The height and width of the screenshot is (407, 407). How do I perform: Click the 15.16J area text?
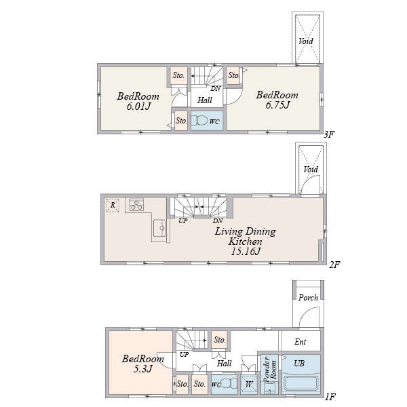[x=246, y=251]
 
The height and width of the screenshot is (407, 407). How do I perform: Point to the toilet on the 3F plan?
[x=200, y=121]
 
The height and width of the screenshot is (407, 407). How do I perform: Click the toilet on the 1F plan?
[x=229, y=383]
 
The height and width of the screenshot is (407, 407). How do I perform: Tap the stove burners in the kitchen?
[x=136, y=204]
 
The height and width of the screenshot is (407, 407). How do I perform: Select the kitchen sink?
[x=159, y=228]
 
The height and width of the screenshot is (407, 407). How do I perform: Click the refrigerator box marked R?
[x=113, y=206]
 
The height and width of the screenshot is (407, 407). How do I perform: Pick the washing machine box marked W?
[x=249, y=384]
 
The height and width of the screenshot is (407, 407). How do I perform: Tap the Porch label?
[x=308, y=298]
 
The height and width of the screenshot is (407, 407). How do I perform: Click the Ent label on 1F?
[x=301, y=342]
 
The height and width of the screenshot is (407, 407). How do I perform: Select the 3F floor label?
[x=329, y=134]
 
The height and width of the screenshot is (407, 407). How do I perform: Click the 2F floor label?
[x=335, y=265]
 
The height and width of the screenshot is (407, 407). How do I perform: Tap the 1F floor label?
[x=330, y=397]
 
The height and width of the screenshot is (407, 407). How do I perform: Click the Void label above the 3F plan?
[x=306, y=41]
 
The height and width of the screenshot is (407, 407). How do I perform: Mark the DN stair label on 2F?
[x=218, y=220]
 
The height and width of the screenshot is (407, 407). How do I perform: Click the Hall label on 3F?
[x=205, y=100]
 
